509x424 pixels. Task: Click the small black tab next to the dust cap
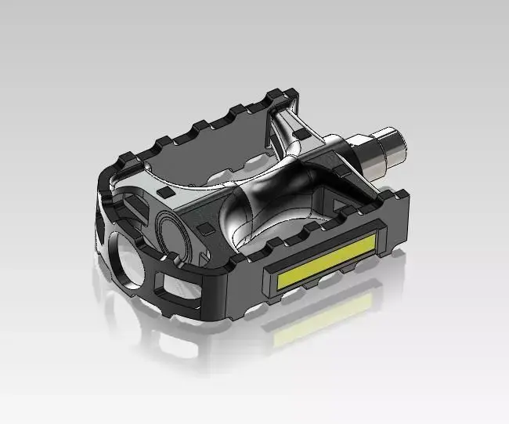205,228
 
